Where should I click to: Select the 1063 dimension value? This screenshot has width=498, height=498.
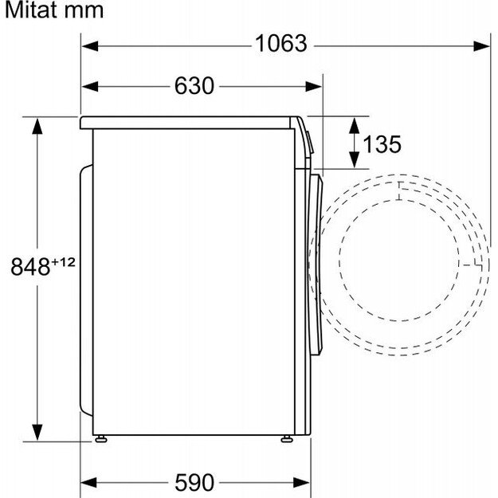tap(281, 44)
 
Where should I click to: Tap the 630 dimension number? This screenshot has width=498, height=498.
tap(194, 86)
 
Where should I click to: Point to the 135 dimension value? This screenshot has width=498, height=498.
tap(382, 144)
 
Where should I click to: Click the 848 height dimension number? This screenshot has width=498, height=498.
tap(30, 267)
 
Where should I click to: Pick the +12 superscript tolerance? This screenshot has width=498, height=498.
tap(64, 262)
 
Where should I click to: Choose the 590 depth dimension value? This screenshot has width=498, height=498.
tap(194, 483)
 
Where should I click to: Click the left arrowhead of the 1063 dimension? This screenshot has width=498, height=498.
tap(90, 46)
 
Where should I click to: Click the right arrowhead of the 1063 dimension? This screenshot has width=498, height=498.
tap(481, 46)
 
